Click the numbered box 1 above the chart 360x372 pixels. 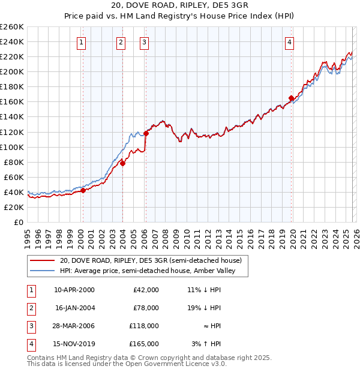pyautogui.click(x=81, y=42)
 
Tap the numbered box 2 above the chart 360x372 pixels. pyautogui.click(x=121, y=42)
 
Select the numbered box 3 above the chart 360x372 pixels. pyautogui.click(x=145, y=42)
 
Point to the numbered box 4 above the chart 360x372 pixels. pyautogui.click(x=289, y=42)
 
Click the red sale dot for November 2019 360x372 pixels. pyautogui.click(x=291, y=98)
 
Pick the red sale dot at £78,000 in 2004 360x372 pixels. pyautogui.click(x=122, y=163)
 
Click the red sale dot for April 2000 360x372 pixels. pyautogui.click(x=83, y=190)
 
